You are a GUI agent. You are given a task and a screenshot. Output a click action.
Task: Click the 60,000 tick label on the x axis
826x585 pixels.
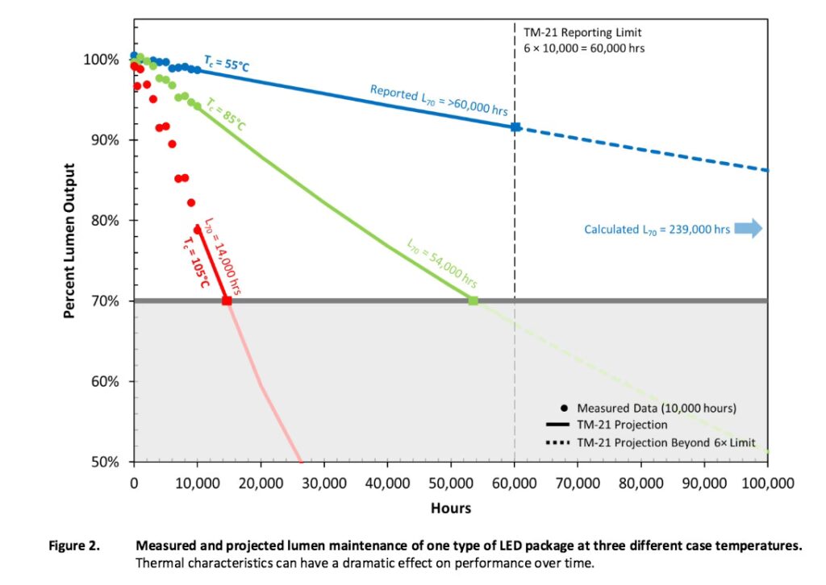(x=514, y=483)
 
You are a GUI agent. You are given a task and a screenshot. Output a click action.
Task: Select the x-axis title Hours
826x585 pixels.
(x=451, y=508)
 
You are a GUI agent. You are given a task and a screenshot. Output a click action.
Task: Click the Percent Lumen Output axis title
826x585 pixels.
(x=70, y=241)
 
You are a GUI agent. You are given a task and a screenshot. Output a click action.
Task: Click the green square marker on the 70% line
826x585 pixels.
(x=473, y=301)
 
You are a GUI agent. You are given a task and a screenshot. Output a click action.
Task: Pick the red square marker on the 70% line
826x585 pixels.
(x=227, y=301)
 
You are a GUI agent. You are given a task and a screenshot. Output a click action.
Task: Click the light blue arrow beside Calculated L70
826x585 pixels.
(x=749, y=229)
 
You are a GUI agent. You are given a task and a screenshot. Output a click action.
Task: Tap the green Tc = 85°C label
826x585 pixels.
(x=226, y=114)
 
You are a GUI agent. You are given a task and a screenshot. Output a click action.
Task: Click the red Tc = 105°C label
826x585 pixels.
(x=196, y=263)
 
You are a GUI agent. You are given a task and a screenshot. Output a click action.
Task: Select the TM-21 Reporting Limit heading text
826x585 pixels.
(x=582, y=33)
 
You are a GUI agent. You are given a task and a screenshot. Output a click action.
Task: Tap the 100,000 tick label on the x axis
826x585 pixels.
(x=766, y=483)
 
